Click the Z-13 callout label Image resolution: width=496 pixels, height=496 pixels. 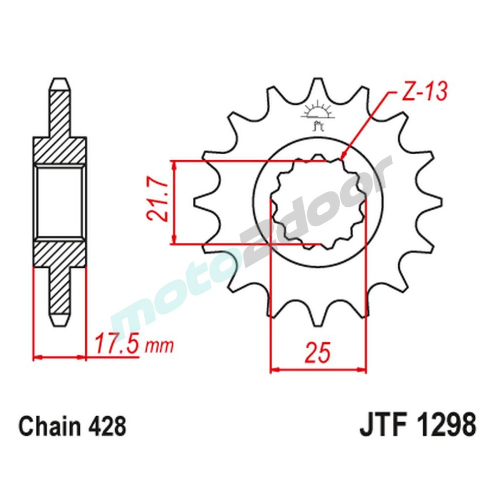[424, 93]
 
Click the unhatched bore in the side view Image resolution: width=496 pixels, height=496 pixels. [60, 202]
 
